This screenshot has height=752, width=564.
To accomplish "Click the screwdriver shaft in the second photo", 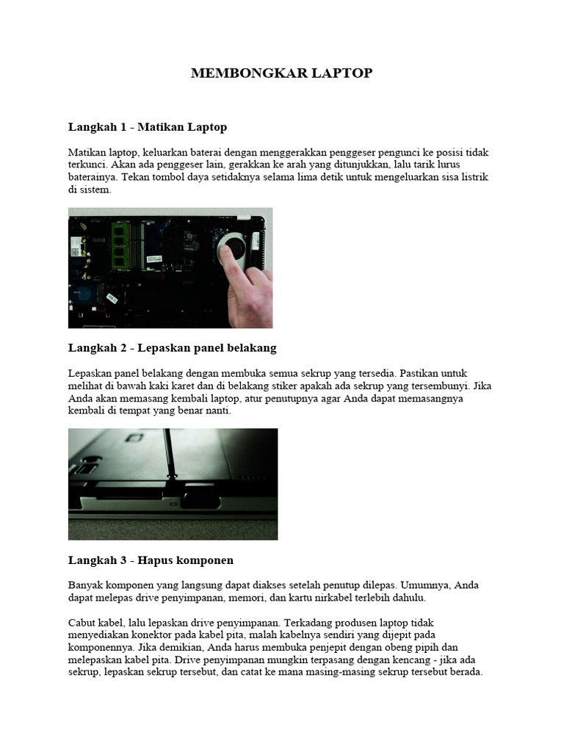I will (167, 448).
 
